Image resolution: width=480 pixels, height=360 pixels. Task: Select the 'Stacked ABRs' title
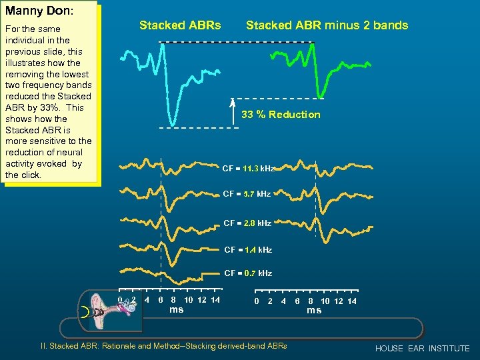click(179, 25)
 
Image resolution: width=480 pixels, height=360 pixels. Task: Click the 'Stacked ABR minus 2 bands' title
click(327, 25)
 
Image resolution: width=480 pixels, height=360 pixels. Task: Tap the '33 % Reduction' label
click(281, 115)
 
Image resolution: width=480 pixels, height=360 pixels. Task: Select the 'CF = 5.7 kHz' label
click(247, 194)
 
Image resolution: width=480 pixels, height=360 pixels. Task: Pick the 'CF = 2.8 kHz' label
click(247, 223)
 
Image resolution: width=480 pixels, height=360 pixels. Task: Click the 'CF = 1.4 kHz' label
click(247, 250)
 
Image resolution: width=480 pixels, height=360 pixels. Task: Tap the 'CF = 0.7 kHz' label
click(247, 273)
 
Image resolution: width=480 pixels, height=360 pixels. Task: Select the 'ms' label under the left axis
click(176, 309)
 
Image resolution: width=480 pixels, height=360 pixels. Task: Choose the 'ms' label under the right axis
click(314, 310)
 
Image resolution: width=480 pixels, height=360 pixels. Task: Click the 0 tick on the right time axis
click(257, 301)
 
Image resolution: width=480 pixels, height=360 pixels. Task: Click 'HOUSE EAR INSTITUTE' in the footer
click(422, 349)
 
